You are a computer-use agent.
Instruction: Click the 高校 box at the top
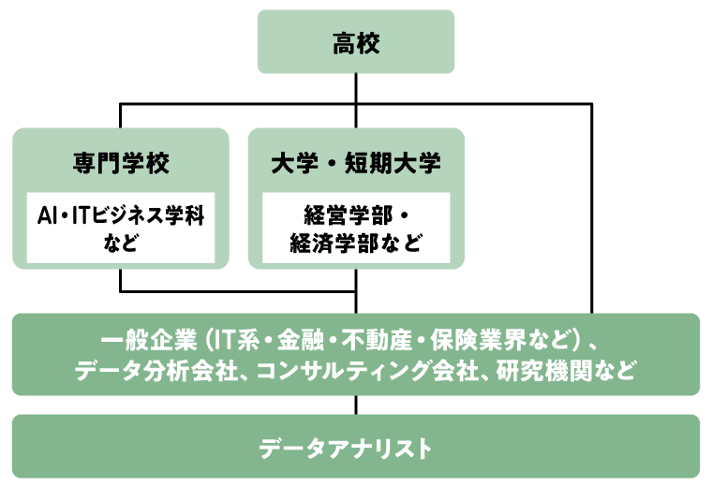tap(356, 42)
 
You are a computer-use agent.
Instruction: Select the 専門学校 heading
tap(121, 163)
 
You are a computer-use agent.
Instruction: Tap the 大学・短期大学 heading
tap(356, 163)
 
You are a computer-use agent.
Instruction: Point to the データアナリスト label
tap(356, 448)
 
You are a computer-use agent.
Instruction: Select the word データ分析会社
tap(146, 371)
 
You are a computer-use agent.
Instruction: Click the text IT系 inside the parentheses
tap(236, 338)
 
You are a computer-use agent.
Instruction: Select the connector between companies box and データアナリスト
tap(356, 405)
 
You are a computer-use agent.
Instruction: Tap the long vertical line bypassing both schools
tap(591, 206)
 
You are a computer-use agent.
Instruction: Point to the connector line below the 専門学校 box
tap(121, 280)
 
